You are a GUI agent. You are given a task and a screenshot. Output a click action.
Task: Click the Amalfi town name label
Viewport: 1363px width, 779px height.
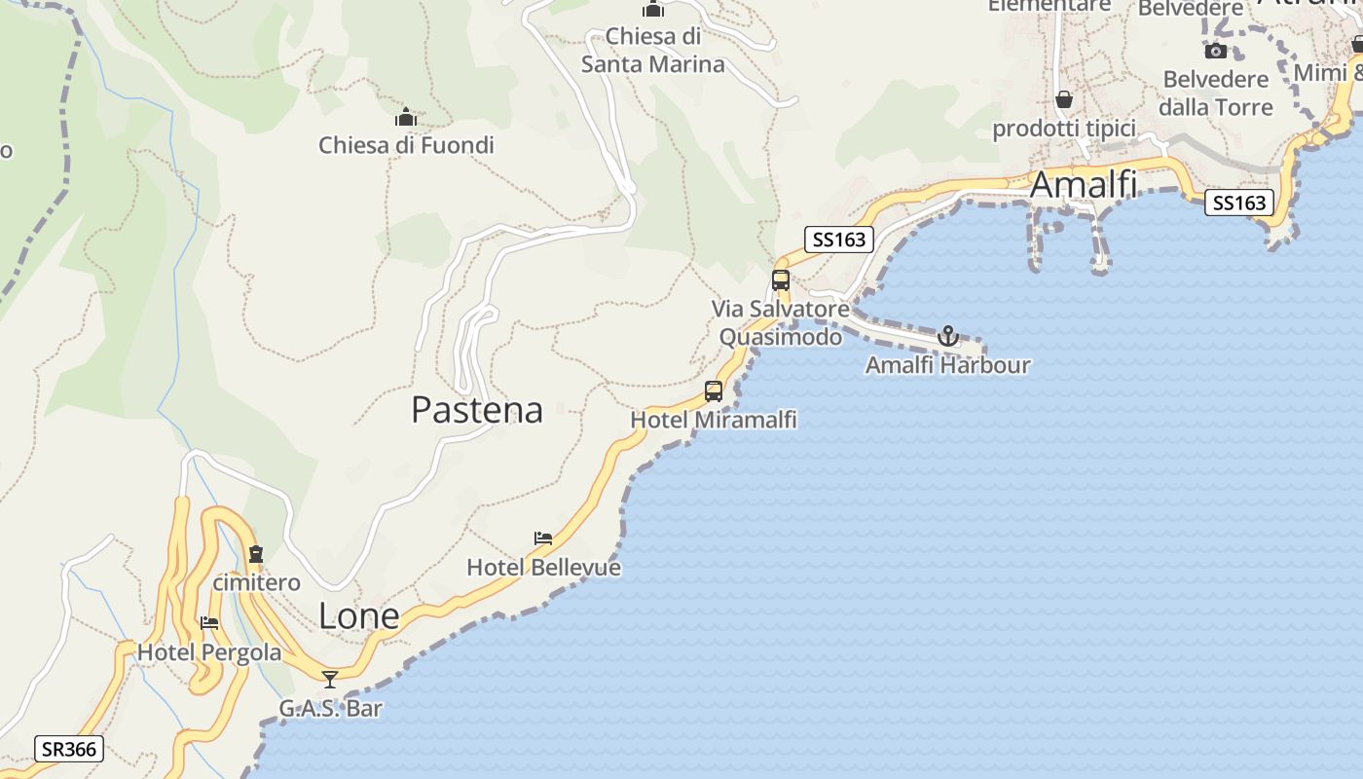click(x=1083, y=184)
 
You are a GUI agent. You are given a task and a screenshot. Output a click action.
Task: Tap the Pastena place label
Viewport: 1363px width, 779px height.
click(x=477, y=410)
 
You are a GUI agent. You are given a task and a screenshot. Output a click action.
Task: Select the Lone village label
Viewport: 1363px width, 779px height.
click(x=359, y=616)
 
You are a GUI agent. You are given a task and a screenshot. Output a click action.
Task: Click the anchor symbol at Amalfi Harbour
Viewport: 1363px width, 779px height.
click(x=947, y=337)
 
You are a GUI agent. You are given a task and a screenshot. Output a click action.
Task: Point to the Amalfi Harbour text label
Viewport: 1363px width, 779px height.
click(x=947, y=365)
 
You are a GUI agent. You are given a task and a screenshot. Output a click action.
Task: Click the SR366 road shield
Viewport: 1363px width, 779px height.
click(x=68, y=749)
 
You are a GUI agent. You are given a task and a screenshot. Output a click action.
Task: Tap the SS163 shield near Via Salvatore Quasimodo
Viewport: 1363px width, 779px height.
click(x=839, y=240)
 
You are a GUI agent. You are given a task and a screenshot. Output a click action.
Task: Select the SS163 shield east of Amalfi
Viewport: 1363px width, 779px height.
click(x=1239, y=203)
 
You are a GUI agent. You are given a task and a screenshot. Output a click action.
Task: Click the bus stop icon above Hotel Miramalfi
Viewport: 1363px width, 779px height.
click(x=714, y=391)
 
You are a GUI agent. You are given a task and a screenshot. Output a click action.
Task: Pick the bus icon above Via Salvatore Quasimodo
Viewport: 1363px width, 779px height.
click(x=781, y=280)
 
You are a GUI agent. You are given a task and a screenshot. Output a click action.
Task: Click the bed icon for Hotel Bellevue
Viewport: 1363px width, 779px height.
click(x=543, y=538)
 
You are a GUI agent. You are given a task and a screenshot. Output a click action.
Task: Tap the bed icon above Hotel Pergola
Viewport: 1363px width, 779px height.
click(x=209, y=623)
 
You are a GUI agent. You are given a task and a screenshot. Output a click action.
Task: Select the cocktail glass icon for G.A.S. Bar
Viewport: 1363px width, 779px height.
click(x=330, y=679)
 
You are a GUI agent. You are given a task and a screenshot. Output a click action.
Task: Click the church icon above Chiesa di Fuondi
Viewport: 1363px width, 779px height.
click(x=406, y=119)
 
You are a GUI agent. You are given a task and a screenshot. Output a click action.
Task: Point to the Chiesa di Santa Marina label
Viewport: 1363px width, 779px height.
click(x=653, y=51)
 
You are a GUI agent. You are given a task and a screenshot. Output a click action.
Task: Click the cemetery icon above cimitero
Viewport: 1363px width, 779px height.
click(x=256, y=555)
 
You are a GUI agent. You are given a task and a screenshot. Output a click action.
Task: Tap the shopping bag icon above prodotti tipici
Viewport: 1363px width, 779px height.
click(x=1064, y=99)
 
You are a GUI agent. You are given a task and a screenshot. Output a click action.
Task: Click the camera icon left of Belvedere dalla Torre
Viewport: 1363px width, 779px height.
click(x=1216, y=51)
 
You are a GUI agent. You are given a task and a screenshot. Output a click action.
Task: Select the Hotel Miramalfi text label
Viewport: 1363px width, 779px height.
click(x=714, y=420)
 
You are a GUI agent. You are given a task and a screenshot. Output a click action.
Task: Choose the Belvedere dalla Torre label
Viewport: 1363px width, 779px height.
click(x=1216, y=93)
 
